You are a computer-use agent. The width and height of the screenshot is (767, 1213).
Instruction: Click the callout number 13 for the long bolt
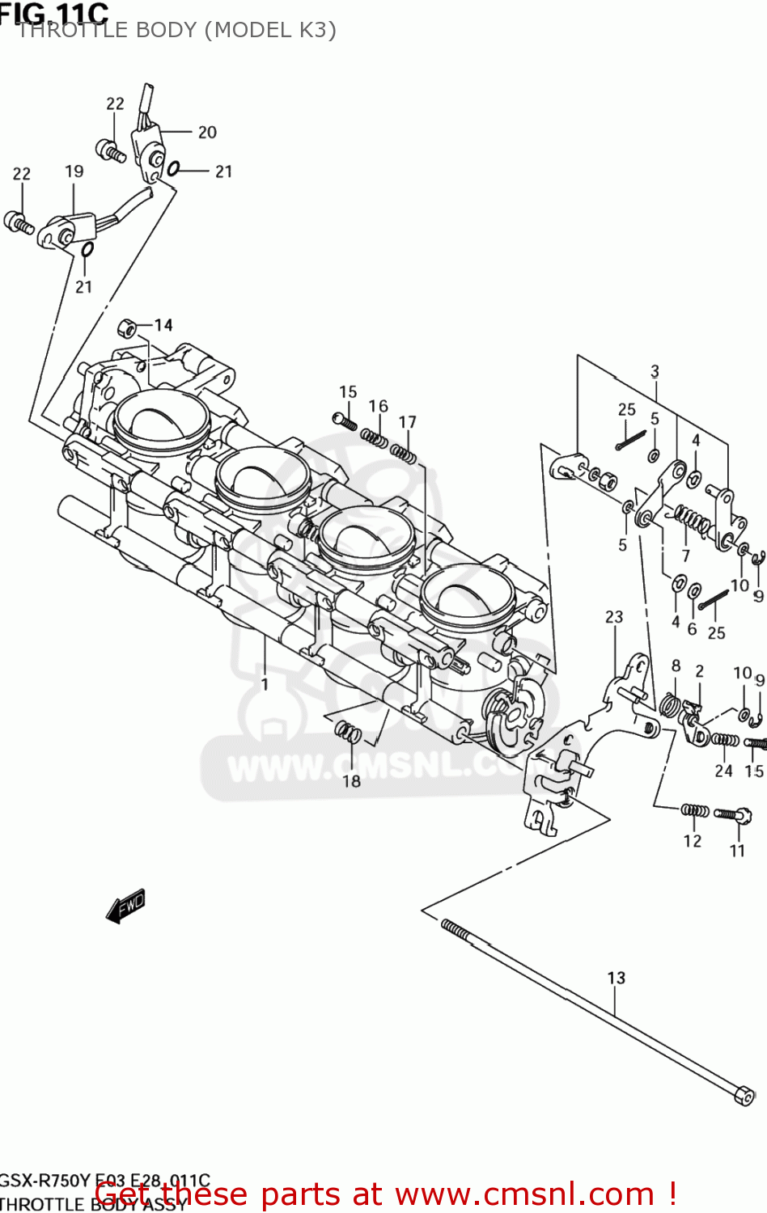click(616, 978)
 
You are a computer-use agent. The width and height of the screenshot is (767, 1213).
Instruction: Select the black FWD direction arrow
click(126, 906)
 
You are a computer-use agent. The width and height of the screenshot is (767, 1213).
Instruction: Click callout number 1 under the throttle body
click(265, 684)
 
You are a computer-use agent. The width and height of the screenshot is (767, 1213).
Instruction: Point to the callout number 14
click(163, 325)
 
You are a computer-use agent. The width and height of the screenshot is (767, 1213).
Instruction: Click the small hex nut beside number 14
click(126, 328)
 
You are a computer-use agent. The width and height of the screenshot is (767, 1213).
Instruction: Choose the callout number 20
click(207, 132)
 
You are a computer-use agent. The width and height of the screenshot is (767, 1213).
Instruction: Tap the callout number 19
click(74, 171)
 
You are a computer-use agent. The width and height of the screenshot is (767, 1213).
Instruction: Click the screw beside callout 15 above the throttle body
click(344, 421)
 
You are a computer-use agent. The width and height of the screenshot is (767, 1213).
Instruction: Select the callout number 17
click(407, 422)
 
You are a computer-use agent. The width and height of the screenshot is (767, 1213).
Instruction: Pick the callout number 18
click(351, 781)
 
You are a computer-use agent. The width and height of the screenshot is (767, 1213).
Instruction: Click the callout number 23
click(614, 617)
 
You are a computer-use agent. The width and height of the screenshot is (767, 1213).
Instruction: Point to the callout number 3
click(655, 371)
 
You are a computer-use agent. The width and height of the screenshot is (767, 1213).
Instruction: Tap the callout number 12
click(693, 841)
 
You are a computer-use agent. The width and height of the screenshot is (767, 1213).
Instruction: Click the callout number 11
click(737, 851)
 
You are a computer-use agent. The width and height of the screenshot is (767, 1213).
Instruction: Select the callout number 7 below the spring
click(685, 556)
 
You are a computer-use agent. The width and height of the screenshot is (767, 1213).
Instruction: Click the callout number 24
click(723, 771)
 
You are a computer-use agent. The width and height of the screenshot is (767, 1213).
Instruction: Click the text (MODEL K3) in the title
click(270, 30)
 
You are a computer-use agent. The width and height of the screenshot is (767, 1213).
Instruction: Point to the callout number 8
click(676, 666)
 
